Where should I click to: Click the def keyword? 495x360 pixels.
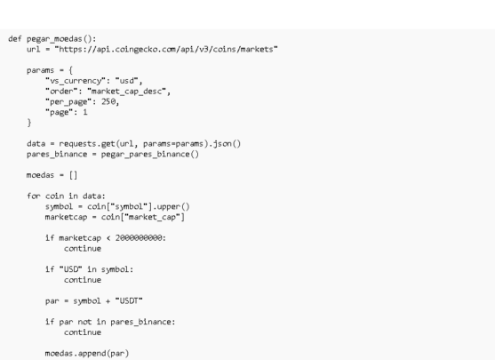coord(15,39)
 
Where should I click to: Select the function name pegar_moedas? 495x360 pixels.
coord(54,39)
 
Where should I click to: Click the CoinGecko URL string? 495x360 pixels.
coord(166,49)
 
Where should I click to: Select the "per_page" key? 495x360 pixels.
coord(68,102)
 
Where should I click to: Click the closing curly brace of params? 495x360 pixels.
coord(29,123)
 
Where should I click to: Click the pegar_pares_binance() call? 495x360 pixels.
coord(150,154)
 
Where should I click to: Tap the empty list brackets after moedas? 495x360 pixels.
coord(73,175)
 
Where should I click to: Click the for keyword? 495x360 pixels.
coord(34,196)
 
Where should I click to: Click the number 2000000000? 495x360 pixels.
coord(139,238)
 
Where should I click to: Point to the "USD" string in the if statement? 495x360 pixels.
coord(71,269)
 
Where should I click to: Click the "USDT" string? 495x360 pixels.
coord(129,300)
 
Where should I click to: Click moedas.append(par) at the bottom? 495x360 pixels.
coord(87,354)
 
